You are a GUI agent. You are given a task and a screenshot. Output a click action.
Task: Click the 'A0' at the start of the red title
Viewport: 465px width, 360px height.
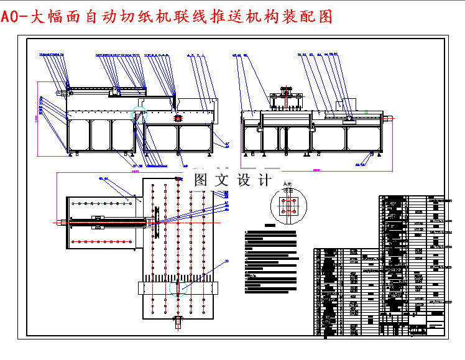click(11, 17)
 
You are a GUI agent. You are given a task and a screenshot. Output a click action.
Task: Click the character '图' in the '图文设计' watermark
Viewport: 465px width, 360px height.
click(201, 181)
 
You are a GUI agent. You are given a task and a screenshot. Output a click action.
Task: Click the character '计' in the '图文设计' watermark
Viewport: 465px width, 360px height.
click(264, 181)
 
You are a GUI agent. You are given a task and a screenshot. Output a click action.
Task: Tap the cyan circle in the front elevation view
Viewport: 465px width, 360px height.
click(138, 114)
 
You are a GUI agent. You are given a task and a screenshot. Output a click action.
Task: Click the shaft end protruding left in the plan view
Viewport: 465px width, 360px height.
click(61, 221)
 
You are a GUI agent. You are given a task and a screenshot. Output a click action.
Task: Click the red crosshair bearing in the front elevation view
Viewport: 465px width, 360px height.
click(178, 116)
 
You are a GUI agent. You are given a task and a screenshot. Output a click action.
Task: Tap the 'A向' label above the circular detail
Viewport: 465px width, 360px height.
click(287, 185)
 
